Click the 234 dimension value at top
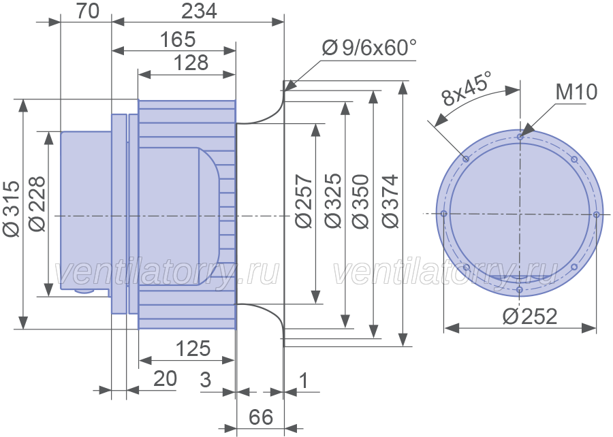pos(199,11)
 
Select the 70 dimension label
pos(88,11)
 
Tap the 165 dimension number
pos(178,39)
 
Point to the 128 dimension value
pos(191,63)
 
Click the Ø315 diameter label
pos(11,208)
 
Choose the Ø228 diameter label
pos(37,204)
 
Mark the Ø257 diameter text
pos(304,201)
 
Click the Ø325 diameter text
pos(333,201)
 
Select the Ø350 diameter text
pos(360,201)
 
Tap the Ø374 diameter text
pos(390,201)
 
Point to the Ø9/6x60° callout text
pos(369,48)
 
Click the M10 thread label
pos(577,92)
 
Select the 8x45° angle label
pos(466,88)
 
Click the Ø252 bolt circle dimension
pos(530,316)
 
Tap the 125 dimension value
pos(193,348)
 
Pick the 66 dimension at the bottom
pos(261,417)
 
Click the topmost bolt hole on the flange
pos(520,137)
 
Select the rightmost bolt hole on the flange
pos(596,214)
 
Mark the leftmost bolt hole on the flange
pos(443,214)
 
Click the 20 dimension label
pos(165,378)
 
